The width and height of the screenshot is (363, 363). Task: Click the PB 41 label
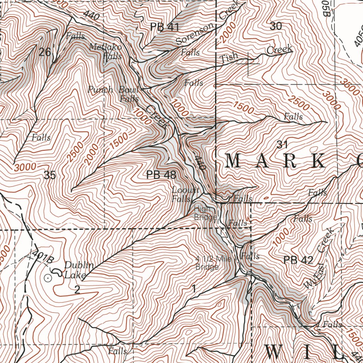coord(165,27)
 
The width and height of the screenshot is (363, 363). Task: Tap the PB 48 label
coord(161,174)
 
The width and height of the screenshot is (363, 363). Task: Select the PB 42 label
coord(298,260)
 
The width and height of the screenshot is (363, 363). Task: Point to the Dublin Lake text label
coord(79,270)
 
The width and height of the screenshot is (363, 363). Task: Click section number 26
coord(45,52)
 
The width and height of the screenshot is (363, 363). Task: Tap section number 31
coord(281,144)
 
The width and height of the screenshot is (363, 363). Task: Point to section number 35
coord(50,175)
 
